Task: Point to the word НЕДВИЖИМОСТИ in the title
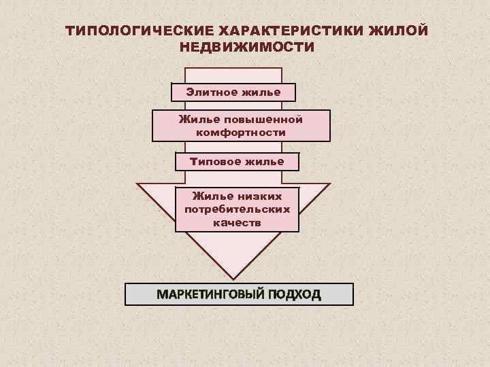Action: pyautogui.click(x=247, y=48)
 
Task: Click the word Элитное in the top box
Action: pyautogui.click(x=211, y=91)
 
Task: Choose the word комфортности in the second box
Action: pyautogui.click(x=241, y=133)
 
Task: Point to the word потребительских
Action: pyautogui.click(x=237, y=209)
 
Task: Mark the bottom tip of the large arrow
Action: pyautogui.click(x=233, y=279)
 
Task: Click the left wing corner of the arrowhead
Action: pyautogui.click(x=137, y=184)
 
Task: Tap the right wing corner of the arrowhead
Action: pyautogui.click(x=329, y=184)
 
